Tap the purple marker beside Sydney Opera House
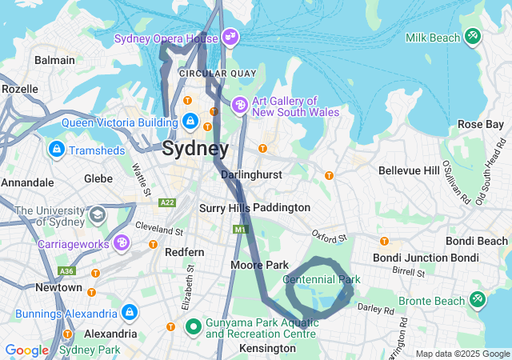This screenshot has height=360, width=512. coord(230,37)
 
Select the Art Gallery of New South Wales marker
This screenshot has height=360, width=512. coord(240,105)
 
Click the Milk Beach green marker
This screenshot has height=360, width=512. coord(473,37)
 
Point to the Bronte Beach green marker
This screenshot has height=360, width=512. coord(477,300)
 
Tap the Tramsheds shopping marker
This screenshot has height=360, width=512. coord(57,150)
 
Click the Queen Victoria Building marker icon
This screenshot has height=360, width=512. coord(190,122)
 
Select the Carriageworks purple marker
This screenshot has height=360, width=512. coord(122,242)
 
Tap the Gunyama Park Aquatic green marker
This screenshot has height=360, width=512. coord(193,326)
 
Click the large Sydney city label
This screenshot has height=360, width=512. coord(194,148)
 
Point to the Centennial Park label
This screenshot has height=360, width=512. coord(322,279)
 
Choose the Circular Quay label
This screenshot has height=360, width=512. coord(218,73)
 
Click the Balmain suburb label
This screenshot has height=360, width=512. coord(54,60)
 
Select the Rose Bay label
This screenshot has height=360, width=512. coord(481,124)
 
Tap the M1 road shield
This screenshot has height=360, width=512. coord(240,230)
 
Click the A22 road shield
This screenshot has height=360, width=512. coord(168,203)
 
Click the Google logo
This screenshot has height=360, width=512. coord(26,350)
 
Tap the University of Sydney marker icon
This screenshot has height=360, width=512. coord(97,214)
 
